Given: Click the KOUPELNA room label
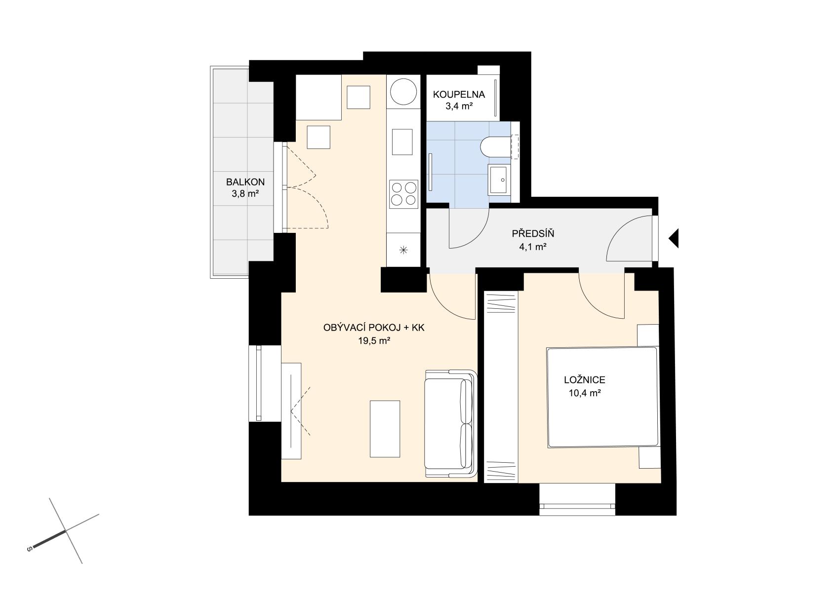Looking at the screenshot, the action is [459, 95].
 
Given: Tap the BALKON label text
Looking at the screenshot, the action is [245, 182].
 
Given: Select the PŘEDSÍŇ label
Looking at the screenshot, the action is [533, 234].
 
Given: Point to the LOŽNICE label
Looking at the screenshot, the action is [585, 380].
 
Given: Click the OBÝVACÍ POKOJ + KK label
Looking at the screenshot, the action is [374, 328].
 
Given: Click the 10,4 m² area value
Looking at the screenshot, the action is [585, 393].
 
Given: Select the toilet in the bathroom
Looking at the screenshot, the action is [496, 147].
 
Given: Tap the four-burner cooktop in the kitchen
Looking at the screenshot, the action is [403, 194].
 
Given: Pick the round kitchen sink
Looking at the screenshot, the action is [403, 92].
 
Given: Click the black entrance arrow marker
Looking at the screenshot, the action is [674, 238].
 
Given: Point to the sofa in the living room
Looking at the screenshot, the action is [451, 423].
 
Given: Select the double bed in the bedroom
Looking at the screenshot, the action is [602, 397].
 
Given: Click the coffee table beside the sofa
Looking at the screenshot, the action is [385, 429].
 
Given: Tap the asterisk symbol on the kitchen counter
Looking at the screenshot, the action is [403, 251].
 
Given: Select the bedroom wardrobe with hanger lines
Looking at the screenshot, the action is [501, 387].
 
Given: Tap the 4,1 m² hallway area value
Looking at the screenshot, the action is [533, 247].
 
